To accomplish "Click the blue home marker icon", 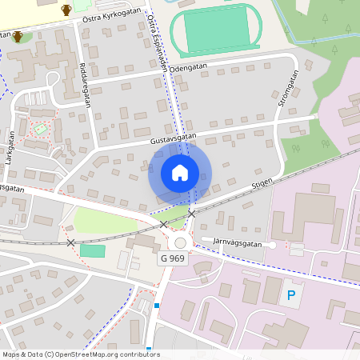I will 180,173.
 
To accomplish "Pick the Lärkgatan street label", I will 10,147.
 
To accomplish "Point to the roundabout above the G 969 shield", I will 180,243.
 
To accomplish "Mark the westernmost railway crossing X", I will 71,242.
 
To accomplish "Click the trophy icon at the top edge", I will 66,10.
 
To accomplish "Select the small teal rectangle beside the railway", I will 93,251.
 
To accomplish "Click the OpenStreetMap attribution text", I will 81,354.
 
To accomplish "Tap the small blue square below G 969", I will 158,306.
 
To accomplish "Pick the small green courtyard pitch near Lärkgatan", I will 40,128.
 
